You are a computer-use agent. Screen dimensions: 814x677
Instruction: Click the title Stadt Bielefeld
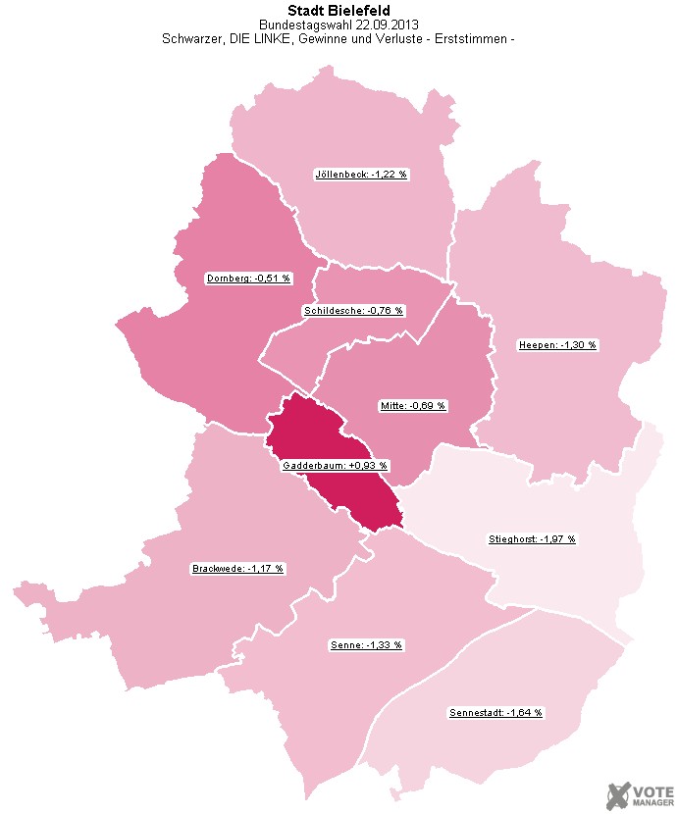(338, 11)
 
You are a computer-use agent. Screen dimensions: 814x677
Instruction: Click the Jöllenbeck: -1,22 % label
(361, 174)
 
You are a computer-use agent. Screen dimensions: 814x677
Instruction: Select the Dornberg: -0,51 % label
(249, 278)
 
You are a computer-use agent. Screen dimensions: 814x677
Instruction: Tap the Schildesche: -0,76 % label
(354, 310)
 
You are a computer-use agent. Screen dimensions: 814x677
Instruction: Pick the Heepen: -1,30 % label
(557, 344)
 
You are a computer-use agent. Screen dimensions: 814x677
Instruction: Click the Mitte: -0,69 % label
(413, 405)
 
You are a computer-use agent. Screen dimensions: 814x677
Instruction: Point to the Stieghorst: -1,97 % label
(533, 538)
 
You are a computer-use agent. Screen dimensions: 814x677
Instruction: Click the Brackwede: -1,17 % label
(238, 568)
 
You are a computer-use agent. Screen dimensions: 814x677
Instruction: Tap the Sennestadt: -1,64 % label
(495, 711)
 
